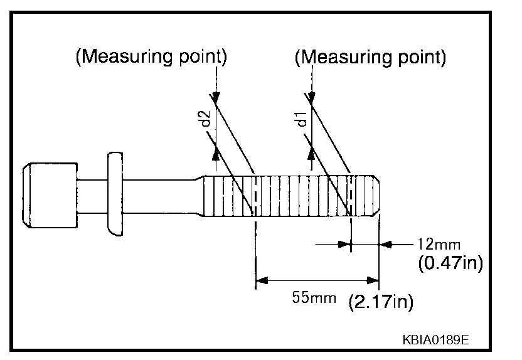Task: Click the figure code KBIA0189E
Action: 436,341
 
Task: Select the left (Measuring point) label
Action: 151,57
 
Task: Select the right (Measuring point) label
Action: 370,57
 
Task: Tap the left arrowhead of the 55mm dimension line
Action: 261,280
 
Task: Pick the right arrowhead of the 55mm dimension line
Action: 374,280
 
